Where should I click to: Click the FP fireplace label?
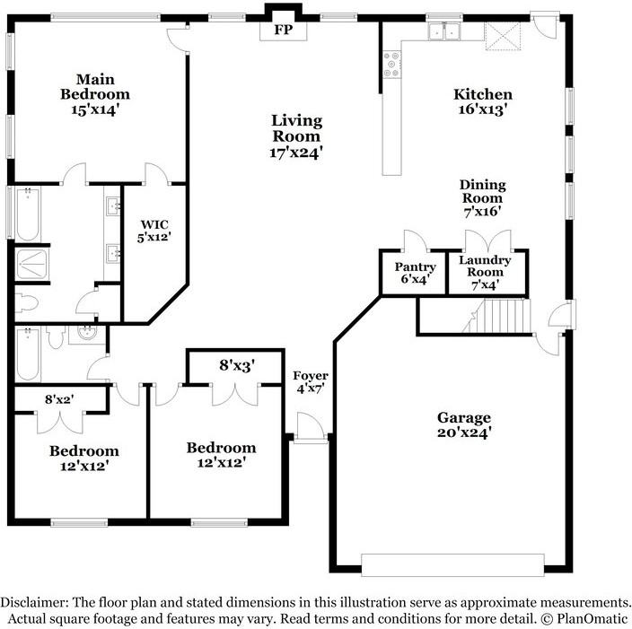tap(283, 30)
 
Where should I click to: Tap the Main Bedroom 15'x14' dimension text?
tap(94, 109)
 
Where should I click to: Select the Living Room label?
tap(297, 128)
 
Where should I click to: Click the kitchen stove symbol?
tap(392, 62)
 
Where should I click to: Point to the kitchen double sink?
tap(443, 32)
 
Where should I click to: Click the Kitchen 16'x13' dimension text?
tap(482, 109)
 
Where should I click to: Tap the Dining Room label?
tap(483, 191)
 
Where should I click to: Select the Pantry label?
tap(416, 266)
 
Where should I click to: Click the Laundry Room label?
tap(485, 266)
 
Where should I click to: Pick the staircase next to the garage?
tap(497, 317)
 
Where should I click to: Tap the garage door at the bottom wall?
tap(452, 564)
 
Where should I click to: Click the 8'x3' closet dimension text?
tap(238, 365)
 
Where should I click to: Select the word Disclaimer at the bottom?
tap(39, 602)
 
